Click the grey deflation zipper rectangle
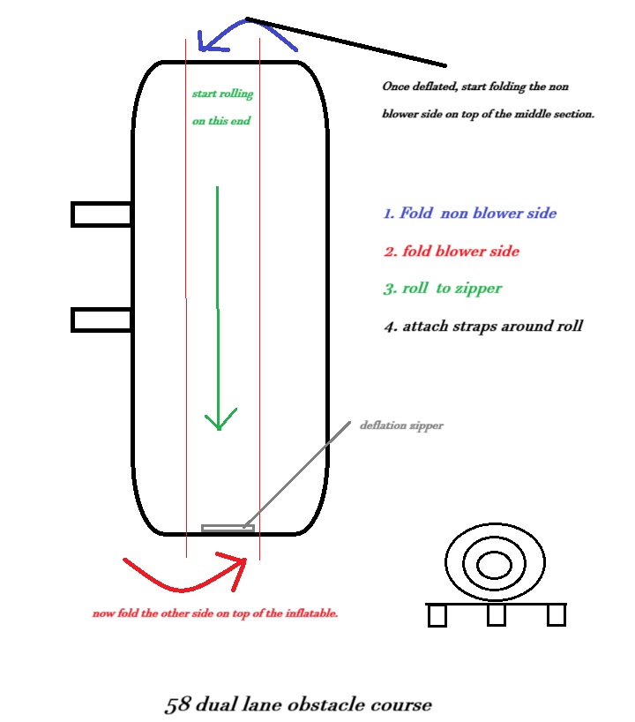click(x=228, y=529)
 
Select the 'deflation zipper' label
click(x=401, y=425)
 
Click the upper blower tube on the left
click(x=101, y=214)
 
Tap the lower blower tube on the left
click(x=101, y=319)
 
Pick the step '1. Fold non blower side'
click(x=469, y=214)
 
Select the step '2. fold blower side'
click(x=451, y=252)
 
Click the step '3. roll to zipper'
click(x=442, y=289)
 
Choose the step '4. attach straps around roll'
click(x=482, y=327)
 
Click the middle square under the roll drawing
click(x=497, y=615)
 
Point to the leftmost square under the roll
click(x=437, y=615)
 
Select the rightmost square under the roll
click(x=556, y=615)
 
